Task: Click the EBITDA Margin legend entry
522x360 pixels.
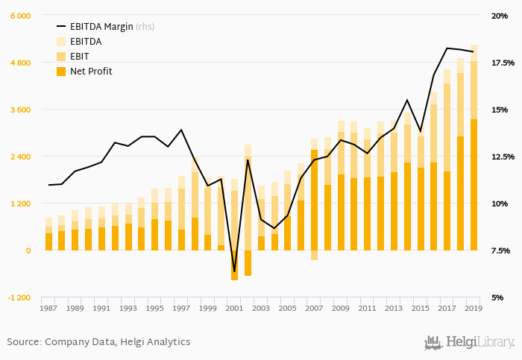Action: [x=101, y=27]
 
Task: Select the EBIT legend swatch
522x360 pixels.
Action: [x=61, y=57]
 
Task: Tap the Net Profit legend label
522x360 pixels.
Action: [x=91, y=72]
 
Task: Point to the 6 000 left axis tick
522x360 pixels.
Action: [x=19, y=16]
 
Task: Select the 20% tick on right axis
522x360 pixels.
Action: [x=498, y=16]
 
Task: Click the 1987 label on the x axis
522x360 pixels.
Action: [x=49, y=308]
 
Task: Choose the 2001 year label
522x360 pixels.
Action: [x=234, y=308]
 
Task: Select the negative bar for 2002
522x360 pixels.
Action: [x=248, y=263]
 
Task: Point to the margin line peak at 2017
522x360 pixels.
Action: [x=447, y=48]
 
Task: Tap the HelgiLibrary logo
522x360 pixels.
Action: [x=469, y=342]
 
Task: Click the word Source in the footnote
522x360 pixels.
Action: [x=24, y=342]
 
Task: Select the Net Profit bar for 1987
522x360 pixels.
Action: [x=49, y=241]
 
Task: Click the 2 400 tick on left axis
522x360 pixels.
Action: [x=19, y=157]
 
